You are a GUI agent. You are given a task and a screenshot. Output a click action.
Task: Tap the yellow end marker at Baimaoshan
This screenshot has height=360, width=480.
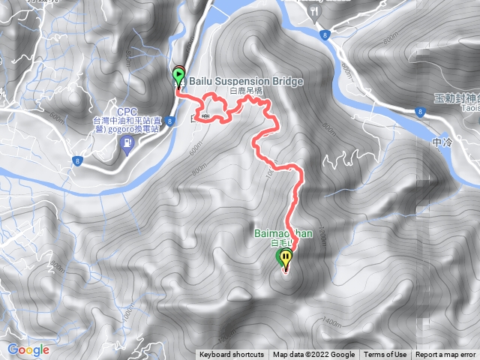click(x=286, y=258)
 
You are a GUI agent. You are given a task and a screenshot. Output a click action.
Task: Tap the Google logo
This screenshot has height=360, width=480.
click(x=28, y=349)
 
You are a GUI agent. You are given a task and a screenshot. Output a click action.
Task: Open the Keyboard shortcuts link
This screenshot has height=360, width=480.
click(x=232, y=355)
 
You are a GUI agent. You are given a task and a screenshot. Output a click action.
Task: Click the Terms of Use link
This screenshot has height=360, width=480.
click(x=385, y=355)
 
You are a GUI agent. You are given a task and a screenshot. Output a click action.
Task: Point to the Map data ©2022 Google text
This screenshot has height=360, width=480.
click(x=313, y=355)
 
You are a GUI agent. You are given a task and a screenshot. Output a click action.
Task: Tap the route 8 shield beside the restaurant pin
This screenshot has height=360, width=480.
click(x=322, y=34)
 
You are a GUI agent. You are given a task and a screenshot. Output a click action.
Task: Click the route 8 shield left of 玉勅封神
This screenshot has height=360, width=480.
click(x=417, y=111)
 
